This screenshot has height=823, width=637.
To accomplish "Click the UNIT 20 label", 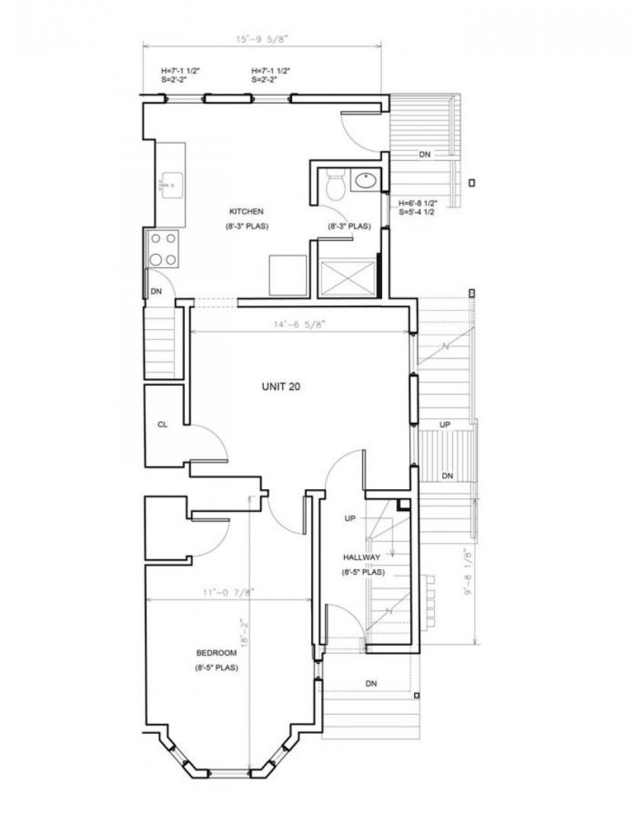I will pyautogui.click(x=280, y=387).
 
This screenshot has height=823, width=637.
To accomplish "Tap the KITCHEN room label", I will pyautogui.click(x=246, y=211).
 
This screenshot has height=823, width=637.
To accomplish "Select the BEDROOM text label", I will pyautogui.click(x=216, y=653).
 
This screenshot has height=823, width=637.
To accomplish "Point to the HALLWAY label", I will pyautogui.click(x=361, y=557).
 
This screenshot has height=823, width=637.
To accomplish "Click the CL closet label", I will pyautogui.click(x=162, y=425).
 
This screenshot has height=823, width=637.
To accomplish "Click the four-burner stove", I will pyautogui.click(x=163, y=249).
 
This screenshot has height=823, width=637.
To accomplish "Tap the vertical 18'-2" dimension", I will pyautogui.click(x=244, y=631).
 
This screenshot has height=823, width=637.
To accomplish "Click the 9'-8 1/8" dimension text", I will pyautogui.click(x=468, y=571).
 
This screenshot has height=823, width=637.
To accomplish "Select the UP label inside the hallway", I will pyautogui.click(x=350, y=518).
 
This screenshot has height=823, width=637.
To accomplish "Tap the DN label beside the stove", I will pyautogui.click(x=156, y=291).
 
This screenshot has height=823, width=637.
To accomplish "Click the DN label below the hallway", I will pyautogui.click(x=371, y=683).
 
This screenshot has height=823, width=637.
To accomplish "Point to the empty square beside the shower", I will pyautogui.click(x=288, y=275).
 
